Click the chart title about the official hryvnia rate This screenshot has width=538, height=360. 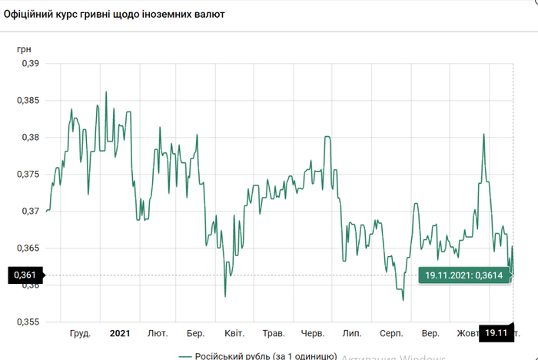point(115,15)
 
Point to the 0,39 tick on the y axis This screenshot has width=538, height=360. point(28,64)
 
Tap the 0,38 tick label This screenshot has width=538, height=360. point(28,138)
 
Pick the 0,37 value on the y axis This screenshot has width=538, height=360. point(28,211)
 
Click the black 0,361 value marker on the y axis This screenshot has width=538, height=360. point(23,275)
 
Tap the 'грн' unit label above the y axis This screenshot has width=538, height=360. point(25,48)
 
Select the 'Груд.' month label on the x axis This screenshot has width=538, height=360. point(80,333)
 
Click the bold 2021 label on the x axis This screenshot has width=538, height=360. point(120,333)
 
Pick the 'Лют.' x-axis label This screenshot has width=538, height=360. point(158,333)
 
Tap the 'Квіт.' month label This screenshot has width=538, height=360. point(234,333)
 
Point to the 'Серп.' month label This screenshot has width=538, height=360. point(391,333)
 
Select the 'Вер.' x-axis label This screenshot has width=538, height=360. point(431,333)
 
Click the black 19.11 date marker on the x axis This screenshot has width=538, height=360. point(496,333)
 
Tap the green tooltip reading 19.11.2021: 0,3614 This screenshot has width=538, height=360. point(464,275)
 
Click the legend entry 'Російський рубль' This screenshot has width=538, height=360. point(257,355)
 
